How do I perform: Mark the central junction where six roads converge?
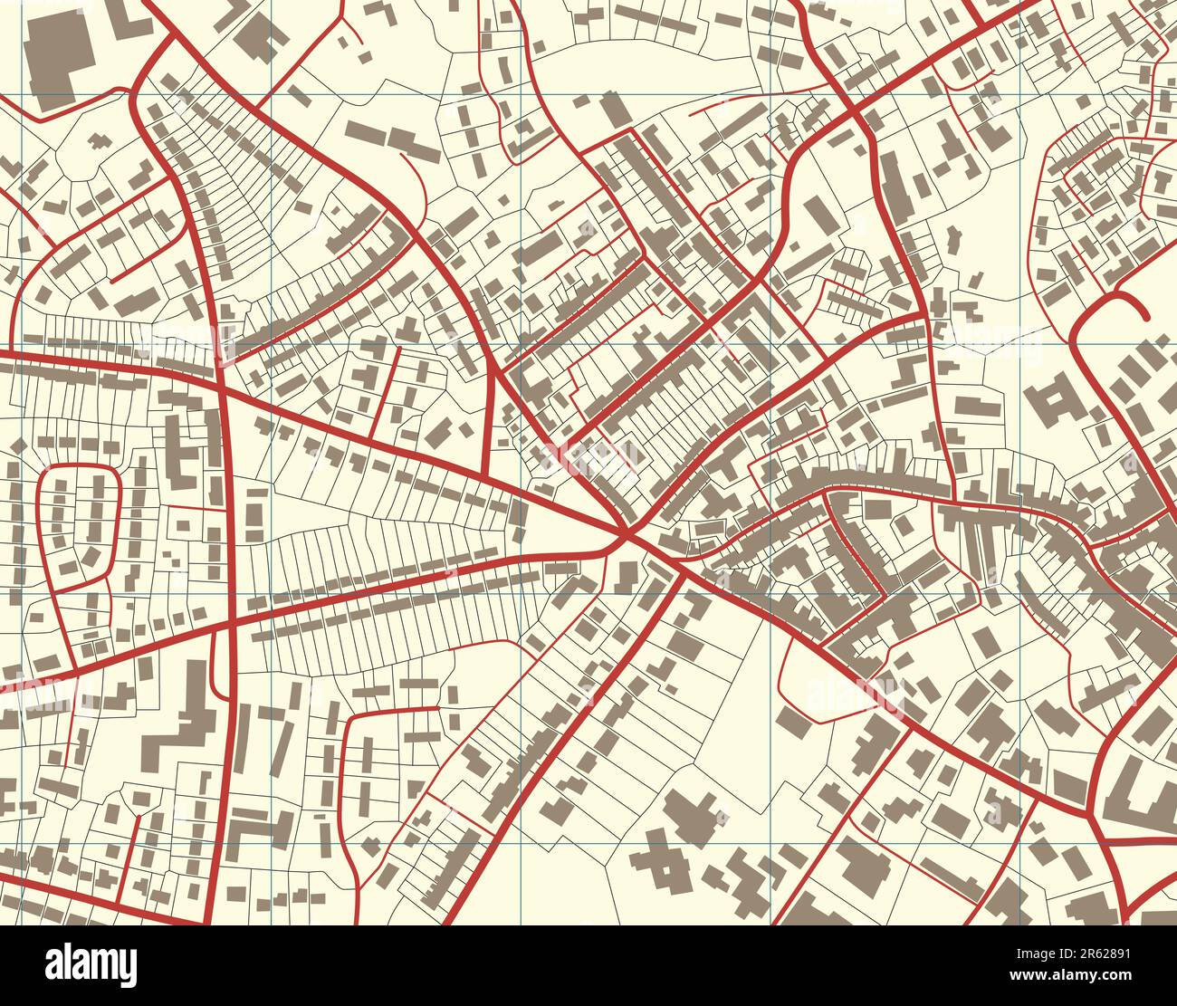click(626, 538)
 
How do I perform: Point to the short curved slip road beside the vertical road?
click(215, 666)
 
